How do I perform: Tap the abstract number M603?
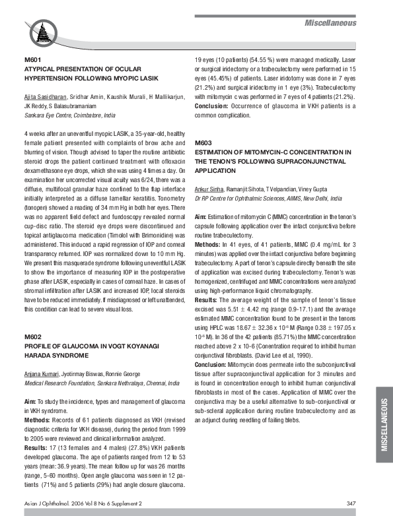pos(203,143)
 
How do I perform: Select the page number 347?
pos(351,504)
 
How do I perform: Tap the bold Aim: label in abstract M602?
pos(30,401)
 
